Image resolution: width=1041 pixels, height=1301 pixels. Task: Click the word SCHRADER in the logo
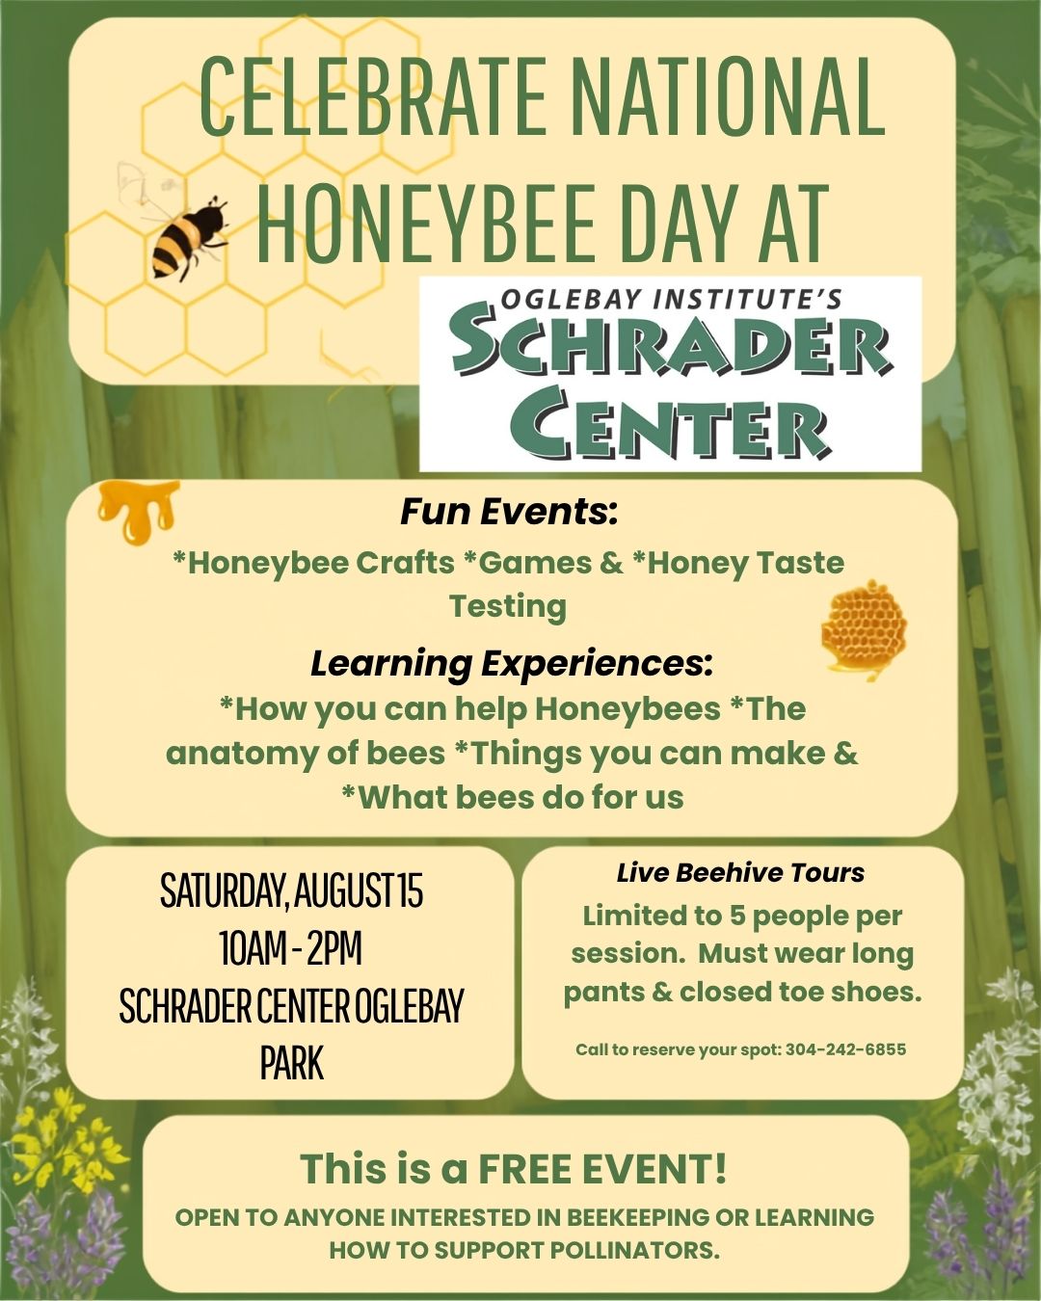click(671, 347)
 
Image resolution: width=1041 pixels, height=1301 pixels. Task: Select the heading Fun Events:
click(509, 512)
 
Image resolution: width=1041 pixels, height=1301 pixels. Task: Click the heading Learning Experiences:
click(512, 664)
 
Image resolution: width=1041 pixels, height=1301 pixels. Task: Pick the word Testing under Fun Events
click(508, 607)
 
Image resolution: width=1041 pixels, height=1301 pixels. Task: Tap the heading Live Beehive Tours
click(740, 873)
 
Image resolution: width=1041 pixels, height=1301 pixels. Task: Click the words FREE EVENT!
click(603, 1169)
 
